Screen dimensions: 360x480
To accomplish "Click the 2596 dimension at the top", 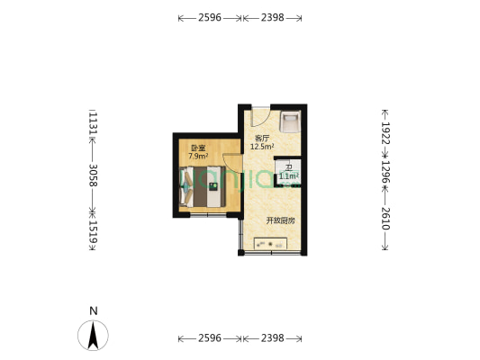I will coord(209,18).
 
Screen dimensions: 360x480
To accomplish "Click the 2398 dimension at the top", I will coord(272,18).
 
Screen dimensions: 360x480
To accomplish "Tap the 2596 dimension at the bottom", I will coord(209,338).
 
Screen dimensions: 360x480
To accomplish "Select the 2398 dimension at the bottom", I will coord(272,338).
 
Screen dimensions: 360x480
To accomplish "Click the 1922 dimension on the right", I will coord(385,134).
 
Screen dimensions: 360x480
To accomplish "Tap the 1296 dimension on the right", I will coord(385,175).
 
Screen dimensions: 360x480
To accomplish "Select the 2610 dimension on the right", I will coord(385,218).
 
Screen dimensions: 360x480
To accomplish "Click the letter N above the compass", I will coord(93,311).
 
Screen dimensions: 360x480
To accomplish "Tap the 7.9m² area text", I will coord(198,156).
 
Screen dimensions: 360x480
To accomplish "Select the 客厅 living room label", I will coord(262,139).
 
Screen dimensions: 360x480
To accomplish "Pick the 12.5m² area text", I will coord(262,147).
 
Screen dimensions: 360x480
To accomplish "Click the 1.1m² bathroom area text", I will coord(288,176).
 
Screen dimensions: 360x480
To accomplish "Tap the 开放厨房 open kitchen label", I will coord(281,220).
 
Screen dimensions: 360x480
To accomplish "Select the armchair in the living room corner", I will coord(290,121).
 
